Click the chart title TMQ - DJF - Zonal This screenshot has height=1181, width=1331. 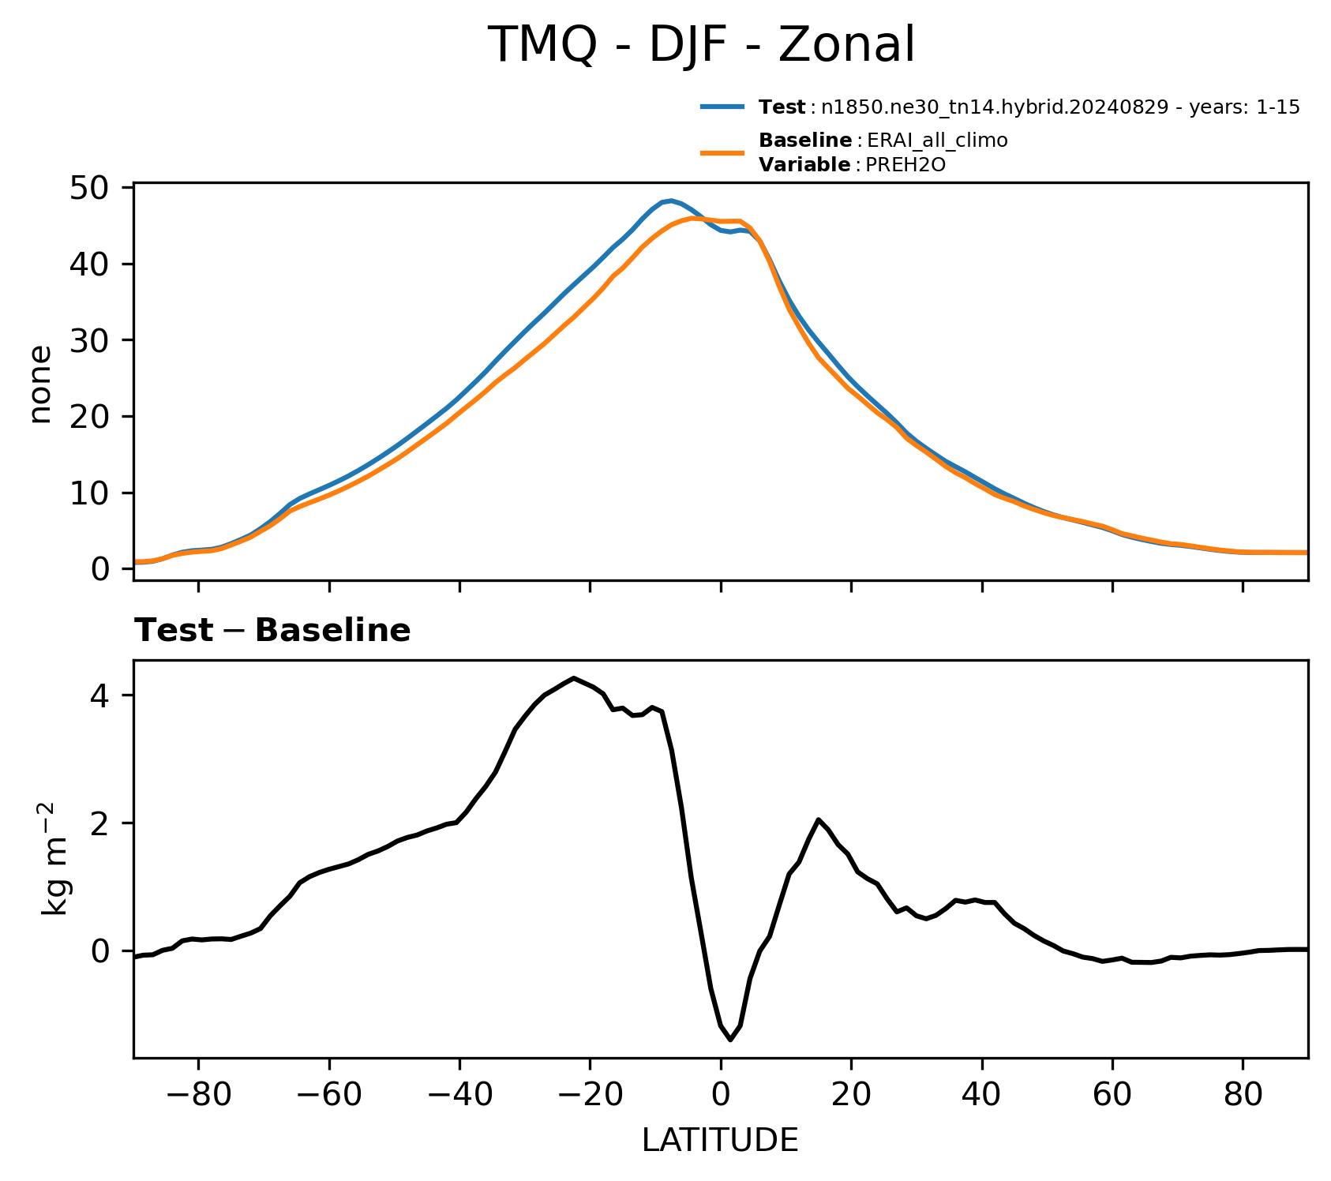701,45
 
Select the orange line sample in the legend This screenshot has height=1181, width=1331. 722,152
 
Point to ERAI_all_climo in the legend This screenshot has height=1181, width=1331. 937,141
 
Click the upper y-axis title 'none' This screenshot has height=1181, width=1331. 39,384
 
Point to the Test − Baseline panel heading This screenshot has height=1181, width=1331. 272,631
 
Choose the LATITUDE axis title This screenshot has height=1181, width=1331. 720,1140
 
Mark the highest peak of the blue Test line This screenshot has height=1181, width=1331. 671,201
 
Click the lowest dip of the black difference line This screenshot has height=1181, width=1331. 730,1040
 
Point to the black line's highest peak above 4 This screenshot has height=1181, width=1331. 574,678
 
